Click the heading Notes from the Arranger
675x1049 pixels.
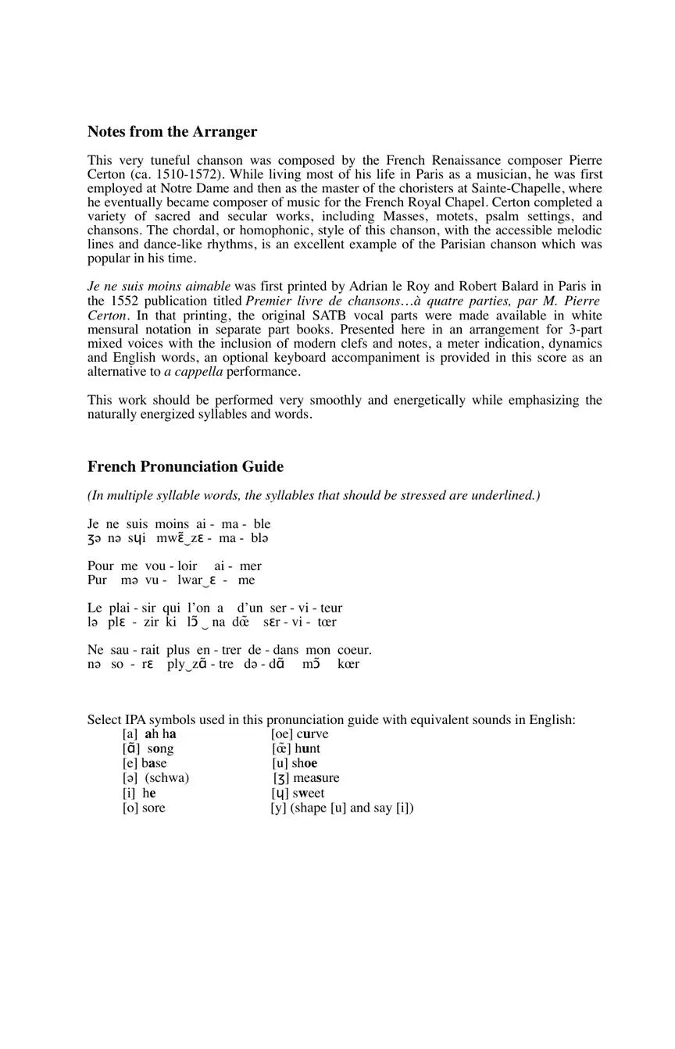coord(172,131)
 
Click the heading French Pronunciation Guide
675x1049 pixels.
coord(185,466)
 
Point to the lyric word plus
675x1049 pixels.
coord(177,650)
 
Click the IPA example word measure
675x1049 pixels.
coord(316,778)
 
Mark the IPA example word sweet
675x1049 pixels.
coord(309,793)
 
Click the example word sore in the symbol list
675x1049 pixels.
coord(153,808)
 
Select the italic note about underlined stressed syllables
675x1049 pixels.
coord(313,495)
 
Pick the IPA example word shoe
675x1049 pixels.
coord(305,763)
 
